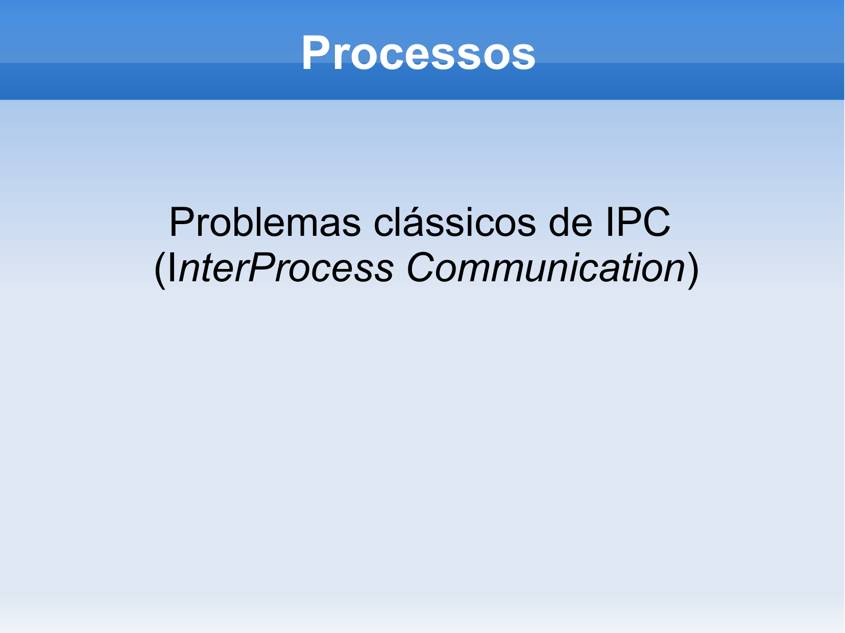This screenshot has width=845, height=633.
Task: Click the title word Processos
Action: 418,53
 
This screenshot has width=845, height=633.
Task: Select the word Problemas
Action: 265,222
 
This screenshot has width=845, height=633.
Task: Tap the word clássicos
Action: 454,222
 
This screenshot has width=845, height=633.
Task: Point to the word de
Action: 570,222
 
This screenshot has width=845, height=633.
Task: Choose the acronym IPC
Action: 638,222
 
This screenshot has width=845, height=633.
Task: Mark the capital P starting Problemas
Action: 182,222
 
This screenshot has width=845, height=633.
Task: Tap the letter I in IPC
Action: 610,222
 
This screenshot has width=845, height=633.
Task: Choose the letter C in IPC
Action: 657,222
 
